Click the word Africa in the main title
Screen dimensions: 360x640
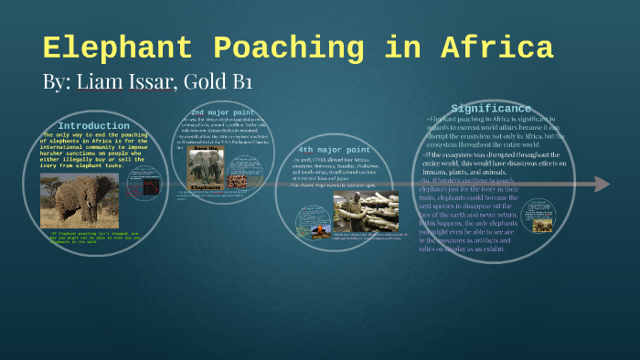pyautogui.click(x=497, y=48)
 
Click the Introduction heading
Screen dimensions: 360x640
pyautogui.click(x=93, y=125)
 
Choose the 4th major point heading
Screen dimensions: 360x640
pyautogui.click(x=335, y=149)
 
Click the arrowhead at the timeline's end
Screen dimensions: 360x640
pyautogui.click(x=602, y=184)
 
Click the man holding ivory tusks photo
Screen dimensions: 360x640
pyautogui.click(x=366, y=212)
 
